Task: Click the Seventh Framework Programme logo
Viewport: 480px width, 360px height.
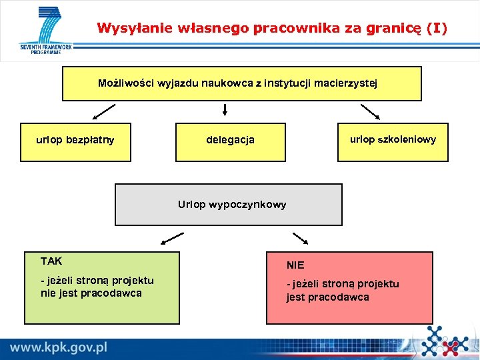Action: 45,31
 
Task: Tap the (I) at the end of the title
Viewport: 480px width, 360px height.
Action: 437,28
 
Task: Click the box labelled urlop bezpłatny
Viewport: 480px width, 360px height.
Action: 75,141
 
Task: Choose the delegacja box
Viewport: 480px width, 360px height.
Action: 230,141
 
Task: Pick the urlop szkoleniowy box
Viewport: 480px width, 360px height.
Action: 393,141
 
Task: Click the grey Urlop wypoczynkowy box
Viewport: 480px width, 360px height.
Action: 229,205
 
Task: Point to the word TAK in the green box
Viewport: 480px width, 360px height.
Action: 51,261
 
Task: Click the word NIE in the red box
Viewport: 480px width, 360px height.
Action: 295,265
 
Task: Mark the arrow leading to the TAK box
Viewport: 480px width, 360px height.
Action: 172,237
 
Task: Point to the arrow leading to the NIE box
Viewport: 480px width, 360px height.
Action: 300,238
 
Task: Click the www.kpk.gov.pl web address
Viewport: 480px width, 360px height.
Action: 59,347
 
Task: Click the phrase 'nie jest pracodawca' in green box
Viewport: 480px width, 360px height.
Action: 91,293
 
